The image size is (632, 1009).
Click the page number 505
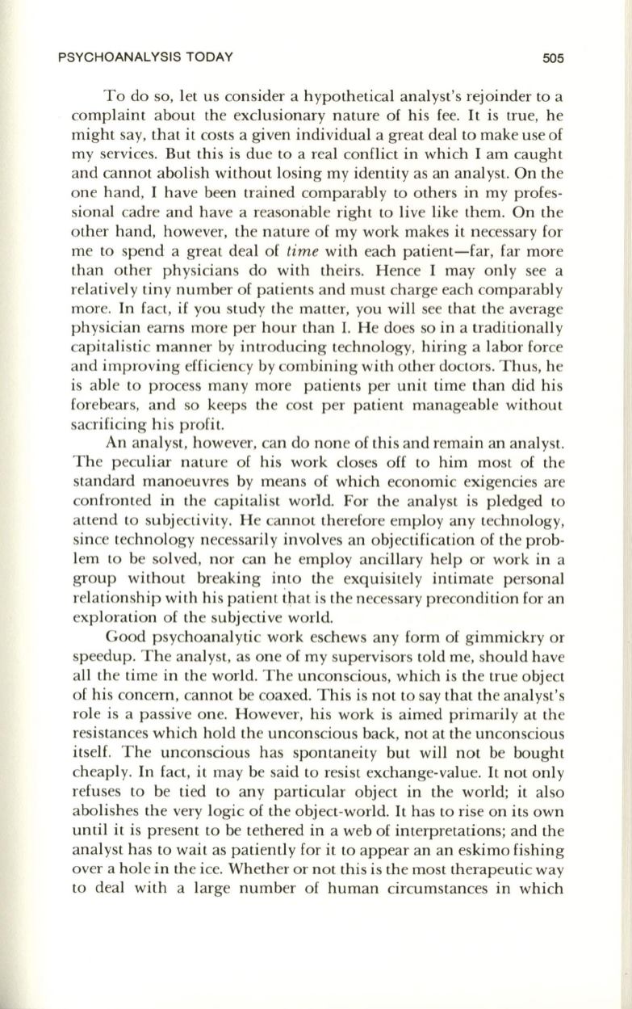point(552,57)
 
